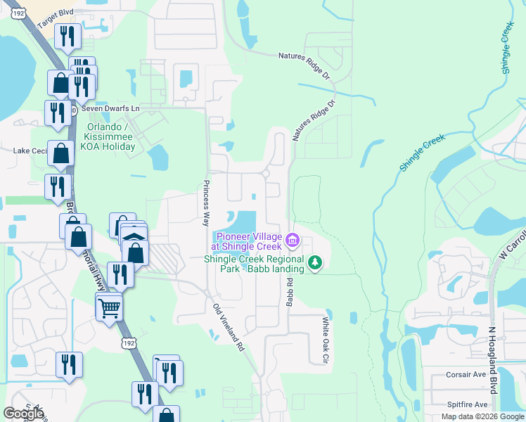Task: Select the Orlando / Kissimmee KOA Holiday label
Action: [110, 137]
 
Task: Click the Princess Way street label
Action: [207, 203]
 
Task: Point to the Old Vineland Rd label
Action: [228, 327]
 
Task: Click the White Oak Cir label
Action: [325, 340]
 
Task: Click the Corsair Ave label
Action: [466, 375]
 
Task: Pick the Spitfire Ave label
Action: [467, 404]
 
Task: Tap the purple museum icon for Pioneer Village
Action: [293, 242]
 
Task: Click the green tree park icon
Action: [316, 263]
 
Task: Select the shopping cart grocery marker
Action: [109, 307]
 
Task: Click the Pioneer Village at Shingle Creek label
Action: [249, 241]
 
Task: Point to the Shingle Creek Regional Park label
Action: [253, 263]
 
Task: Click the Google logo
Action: [23, 414]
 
